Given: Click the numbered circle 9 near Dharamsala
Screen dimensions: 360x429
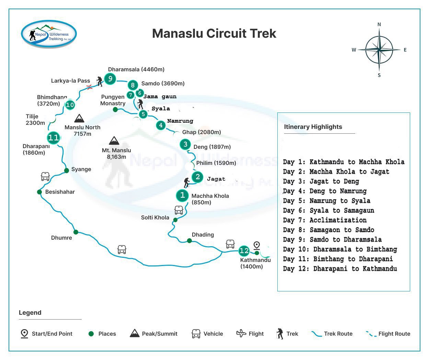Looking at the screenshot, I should point(110,79).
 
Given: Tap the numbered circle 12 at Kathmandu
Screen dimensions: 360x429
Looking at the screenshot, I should point(244,251).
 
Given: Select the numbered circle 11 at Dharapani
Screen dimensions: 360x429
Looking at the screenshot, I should point(54,138).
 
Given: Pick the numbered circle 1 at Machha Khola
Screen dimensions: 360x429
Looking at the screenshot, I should point(182,195).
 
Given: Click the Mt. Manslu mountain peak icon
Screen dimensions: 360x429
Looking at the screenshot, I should point(114,141).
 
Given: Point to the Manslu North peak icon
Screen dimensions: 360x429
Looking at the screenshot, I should point(79,119).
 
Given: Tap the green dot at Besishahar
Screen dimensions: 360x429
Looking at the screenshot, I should point(39,192).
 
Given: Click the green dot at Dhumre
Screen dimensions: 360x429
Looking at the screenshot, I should point(76,232).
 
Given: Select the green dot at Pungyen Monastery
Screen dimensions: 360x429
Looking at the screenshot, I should point(115,109).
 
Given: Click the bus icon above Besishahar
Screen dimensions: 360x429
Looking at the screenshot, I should point(45,177).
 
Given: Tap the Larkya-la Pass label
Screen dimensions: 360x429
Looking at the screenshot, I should point(70,81).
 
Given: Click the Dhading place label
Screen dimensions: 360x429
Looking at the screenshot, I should point(203,235).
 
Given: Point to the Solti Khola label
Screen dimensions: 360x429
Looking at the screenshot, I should point(155,217).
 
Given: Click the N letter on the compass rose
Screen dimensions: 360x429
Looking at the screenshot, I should point(379,24).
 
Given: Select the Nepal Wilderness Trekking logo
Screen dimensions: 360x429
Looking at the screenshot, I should point(49,34).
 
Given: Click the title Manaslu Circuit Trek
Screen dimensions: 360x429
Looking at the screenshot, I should point(214,33).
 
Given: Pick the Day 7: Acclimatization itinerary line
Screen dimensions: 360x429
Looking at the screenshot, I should point(325,220).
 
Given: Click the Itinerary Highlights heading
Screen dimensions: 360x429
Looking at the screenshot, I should point(313,127).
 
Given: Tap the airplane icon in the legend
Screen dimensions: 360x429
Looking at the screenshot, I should point(241,333).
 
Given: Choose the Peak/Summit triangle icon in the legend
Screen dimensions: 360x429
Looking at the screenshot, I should point(135,333).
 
